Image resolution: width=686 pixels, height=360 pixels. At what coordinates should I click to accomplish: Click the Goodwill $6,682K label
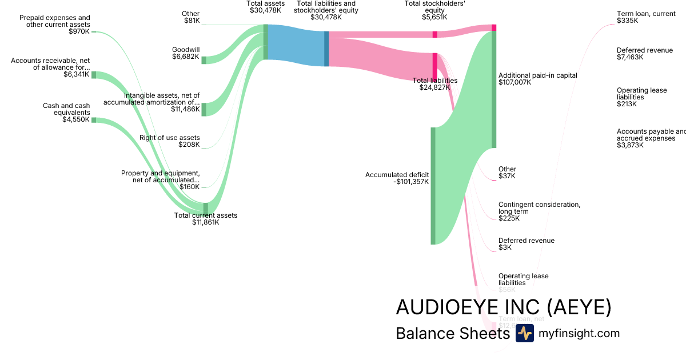click(186, 53)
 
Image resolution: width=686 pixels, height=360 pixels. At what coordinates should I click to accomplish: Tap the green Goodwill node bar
click(204, 60)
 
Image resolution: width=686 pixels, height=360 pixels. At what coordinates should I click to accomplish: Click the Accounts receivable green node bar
click(94, 75)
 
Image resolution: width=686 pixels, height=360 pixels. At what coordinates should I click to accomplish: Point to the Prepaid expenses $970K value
click(79, 31)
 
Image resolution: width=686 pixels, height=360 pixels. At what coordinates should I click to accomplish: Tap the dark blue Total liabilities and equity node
click(326, 49)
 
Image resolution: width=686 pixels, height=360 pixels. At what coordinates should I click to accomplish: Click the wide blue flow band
click(296, 45)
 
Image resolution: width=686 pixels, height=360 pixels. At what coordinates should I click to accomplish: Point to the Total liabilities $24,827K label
click(435, 84)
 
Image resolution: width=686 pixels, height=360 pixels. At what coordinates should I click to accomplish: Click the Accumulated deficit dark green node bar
click(433, 186)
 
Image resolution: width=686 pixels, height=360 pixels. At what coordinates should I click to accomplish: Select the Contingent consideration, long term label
click(539, 208)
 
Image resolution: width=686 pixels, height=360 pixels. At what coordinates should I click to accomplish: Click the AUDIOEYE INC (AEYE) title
click(504, 307)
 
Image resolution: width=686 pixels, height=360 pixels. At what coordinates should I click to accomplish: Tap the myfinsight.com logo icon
click(524, 334)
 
